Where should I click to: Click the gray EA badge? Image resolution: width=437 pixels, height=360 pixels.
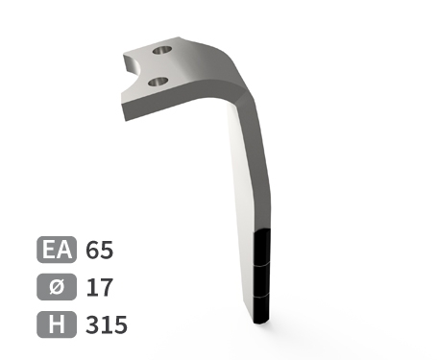(x=57, y=250)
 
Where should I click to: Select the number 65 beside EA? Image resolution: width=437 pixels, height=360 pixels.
(x=99, y=250)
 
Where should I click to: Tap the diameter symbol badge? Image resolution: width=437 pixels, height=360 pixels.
(x=57, y=287)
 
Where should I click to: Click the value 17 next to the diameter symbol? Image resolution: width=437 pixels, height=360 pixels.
(x=99, y=287)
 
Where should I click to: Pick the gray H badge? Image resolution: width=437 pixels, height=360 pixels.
(x=57, y=324)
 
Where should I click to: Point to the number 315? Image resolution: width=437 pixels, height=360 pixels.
(x=107, y=324)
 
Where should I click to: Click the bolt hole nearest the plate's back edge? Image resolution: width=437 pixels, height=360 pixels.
(x=162, y=50)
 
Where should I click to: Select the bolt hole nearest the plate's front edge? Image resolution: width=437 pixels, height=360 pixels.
(x=158, y=82)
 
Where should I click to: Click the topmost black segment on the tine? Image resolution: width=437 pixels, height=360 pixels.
(x=262, y=248)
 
